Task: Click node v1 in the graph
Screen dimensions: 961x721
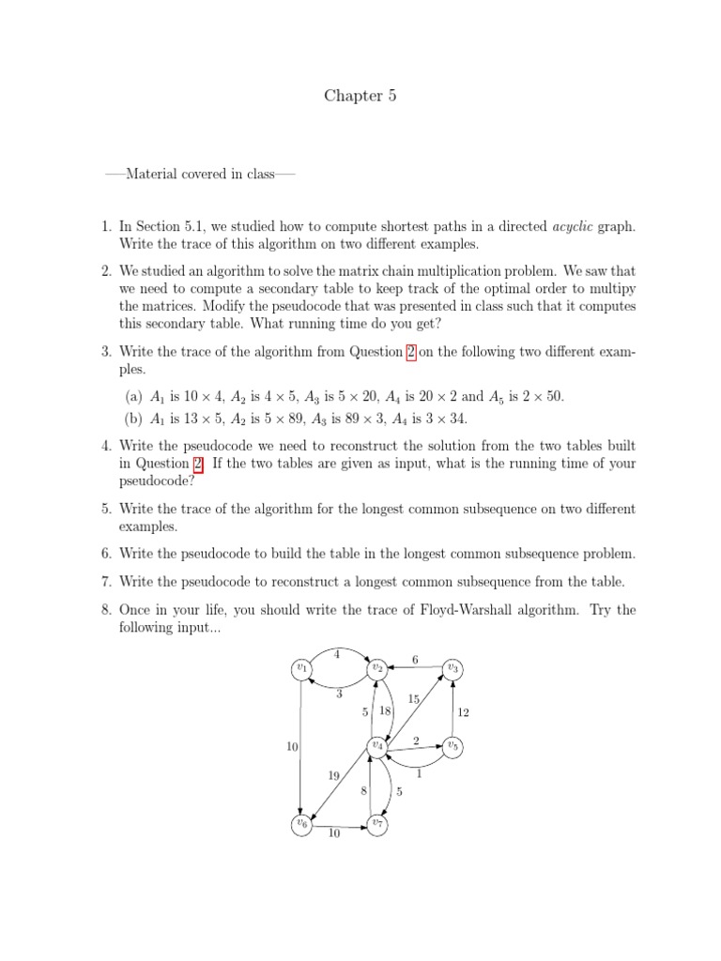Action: (301, 667)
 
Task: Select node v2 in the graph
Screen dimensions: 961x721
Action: (377, 667)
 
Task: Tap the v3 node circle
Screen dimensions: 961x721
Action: (453, 667)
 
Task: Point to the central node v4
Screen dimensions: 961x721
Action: (377, 745)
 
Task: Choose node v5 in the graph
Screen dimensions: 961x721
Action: (453, 745)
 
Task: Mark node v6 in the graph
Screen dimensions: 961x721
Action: (301, 824)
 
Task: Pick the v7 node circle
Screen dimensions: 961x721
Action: (377, 824)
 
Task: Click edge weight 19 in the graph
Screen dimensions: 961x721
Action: (334, 775)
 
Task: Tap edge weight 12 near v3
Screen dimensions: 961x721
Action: (462, 713)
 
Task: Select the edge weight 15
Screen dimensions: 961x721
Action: (414, 700)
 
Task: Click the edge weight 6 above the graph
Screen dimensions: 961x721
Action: (415, 660)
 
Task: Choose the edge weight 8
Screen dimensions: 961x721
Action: (364, 791)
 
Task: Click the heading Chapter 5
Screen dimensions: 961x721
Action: (354, 95)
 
